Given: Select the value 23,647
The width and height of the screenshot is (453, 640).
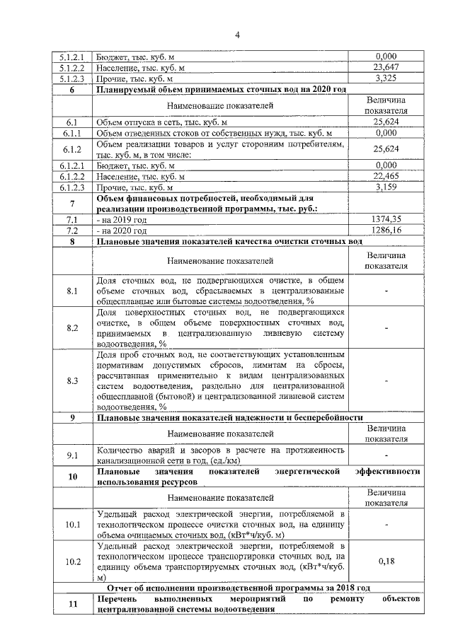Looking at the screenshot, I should pyautogui.click(x=386, y=68).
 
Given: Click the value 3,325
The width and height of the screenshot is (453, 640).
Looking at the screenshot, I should pyautogui.click(x=386, y=78).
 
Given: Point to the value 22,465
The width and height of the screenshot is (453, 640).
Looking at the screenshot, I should pyautogui.click(x=386, y=177).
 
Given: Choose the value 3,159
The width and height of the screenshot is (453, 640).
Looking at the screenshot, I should pyautogui.click(x=386, y=187).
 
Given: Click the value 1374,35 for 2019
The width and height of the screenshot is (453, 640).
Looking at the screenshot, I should pyautogui.click(x=386, y=220).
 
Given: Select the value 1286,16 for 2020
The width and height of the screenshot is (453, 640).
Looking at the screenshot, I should pyautogui.click(x=386, y=231).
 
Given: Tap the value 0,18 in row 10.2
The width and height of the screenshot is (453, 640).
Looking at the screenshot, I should pyautogui.click(x=386, y=561).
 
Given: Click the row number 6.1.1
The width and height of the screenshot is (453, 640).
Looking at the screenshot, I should pyautogui.click(x=71, y=133).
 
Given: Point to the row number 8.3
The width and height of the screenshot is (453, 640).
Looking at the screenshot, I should pyautogui.click(x=71, y=380).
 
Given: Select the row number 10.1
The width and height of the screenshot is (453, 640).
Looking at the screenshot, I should pyautogui.click(x=71, y=525).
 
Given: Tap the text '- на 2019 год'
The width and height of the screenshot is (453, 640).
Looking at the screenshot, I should pyautogui.click(x=122, y=220).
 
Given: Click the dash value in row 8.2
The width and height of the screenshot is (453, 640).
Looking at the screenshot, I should pyautogui.click(x=386, y=328).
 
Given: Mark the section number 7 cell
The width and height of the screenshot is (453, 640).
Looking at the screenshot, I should pyautogui.click(x=71, y=204).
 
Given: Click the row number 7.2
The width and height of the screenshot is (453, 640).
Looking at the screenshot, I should pyautogui.click(x=71, y=231).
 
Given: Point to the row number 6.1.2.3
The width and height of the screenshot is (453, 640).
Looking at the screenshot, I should pyautogui.click(x=71, y=187).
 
